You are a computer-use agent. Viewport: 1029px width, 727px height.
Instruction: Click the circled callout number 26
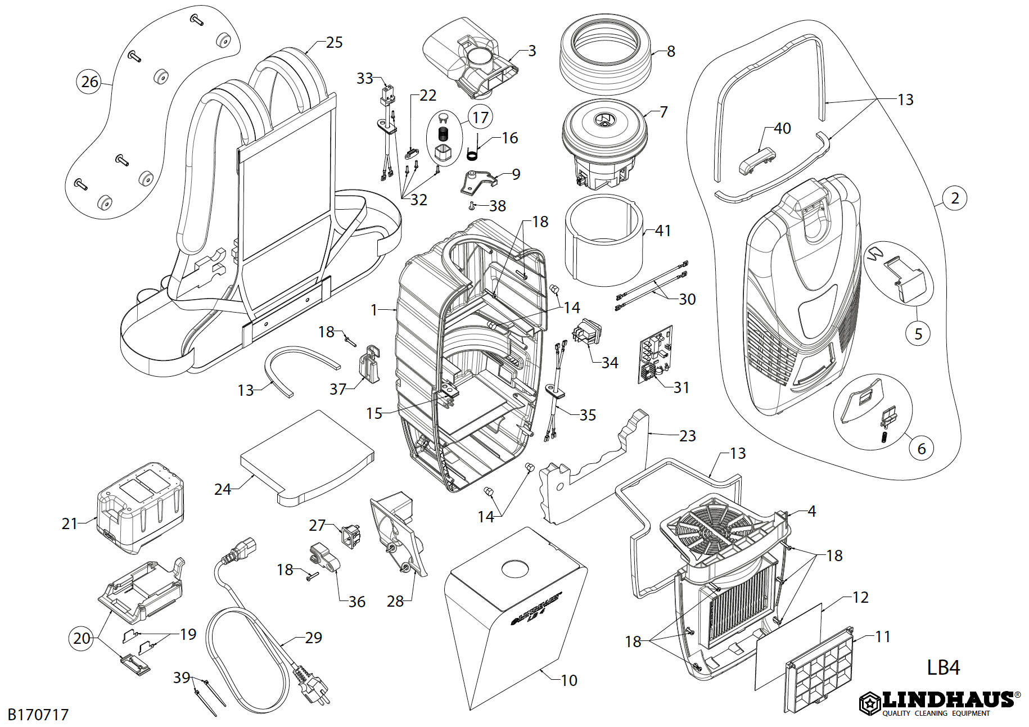(x=89, y=82)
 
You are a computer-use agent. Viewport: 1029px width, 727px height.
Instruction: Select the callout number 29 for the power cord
(x=314, y=638)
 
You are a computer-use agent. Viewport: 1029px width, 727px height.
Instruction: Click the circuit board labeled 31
(x=656, y=354)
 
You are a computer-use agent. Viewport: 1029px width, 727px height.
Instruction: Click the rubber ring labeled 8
(x=605, y=54)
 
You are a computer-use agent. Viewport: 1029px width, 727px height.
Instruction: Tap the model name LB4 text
(x=943, y=667)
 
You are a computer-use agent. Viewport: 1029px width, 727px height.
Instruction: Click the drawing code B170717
(x=38, y=715)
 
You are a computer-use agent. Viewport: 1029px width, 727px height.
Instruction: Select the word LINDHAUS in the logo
(x=948, y=700)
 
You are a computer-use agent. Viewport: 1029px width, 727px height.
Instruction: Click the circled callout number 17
(x=480, y=118)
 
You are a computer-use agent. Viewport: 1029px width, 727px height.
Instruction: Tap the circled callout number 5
(x=918, y=334)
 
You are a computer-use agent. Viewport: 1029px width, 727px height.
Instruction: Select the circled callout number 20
(x=82, y=638)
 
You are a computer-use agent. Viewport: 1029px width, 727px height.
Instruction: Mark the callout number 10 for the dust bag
(x=569, y=680)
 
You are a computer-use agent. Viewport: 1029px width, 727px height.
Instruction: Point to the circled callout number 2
(x=955, y=198)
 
